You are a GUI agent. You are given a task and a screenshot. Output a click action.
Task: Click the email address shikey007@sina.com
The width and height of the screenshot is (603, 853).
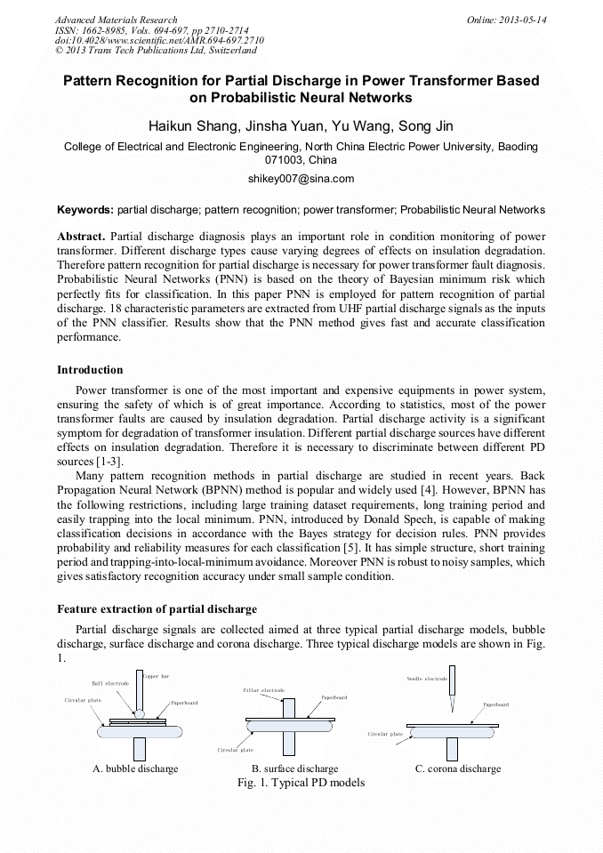(301, 179)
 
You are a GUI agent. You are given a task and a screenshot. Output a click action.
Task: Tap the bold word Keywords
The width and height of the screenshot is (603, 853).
(84, 210)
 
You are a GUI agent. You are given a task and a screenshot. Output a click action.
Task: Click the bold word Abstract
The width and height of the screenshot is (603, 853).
(81, 237)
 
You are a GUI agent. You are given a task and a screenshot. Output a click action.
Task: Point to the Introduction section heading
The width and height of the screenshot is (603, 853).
(90, 369)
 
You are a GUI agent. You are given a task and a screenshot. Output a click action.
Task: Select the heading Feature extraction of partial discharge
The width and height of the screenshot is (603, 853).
(157, 609)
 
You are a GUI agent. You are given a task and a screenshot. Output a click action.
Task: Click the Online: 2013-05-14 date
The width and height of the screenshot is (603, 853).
(506, 20)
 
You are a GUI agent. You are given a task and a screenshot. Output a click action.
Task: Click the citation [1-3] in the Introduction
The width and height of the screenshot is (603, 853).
(109, 462)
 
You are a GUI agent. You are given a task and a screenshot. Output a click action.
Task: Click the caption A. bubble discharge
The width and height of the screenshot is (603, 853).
(135, 769)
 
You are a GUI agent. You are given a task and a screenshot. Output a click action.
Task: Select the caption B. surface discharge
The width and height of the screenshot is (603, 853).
(294, 769)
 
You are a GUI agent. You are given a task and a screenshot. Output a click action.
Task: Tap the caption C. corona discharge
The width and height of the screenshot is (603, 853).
(458, 769)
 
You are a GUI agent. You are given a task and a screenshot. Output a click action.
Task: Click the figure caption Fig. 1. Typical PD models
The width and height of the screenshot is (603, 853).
(301, 783)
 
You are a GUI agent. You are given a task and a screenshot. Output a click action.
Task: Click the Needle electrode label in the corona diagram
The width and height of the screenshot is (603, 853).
(427, 679)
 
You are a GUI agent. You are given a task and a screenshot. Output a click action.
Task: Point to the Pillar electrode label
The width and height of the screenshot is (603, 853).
(263, 690)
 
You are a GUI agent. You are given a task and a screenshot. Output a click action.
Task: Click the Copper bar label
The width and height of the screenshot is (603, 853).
(157, 677)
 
